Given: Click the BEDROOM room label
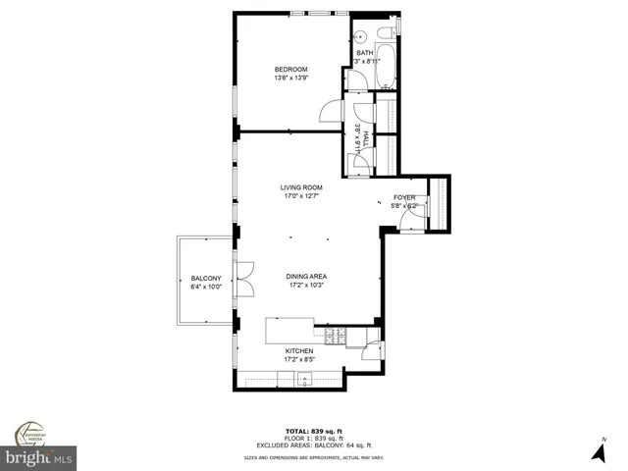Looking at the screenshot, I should point(290,69).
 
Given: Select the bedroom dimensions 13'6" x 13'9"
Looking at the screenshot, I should point(290,78).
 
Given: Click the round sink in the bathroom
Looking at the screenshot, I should point(359,32).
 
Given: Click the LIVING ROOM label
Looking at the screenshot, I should point(301,187).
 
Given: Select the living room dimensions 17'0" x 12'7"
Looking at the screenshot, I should point(301,196).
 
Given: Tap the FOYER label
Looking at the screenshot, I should point(404,197).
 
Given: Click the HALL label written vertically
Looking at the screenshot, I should point(365,137).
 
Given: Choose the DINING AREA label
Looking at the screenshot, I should point(306,277).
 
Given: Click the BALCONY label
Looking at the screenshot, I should point(205,278).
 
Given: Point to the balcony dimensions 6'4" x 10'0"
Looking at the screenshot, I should point(205,287).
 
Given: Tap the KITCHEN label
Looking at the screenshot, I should point(299,350).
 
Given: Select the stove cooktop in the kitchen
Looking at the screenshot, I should point(337,337).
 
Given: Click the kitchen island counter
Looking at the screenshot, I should point(290,330).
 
